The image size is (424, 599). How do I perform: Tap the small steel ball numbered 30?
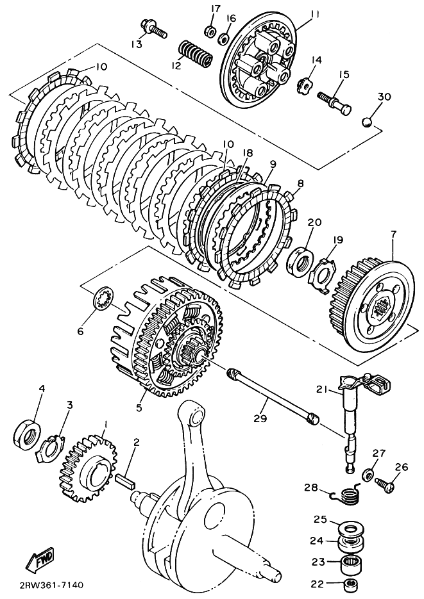coord(367,122)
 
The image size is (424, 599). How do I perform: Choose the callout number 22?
coord(318,584)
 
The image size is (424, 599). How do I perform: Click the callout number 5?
coord(139,407)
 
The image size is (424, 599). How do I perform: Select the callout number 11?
coord(315,15)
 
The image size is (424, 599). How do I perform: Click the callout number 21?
coord(321,389)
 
